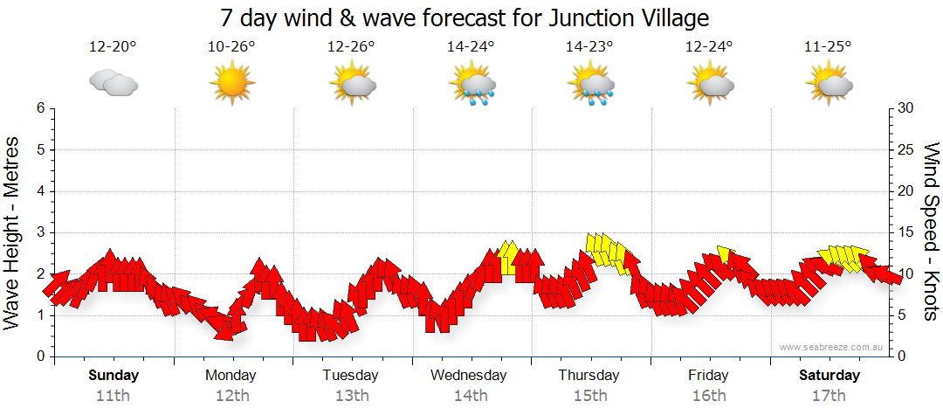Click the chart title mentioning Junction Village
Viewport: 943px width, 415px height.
pyautogui.click(x=464, y=17)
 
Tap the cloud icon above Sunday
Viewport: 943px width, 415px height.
pyautogui.click(x=113, y=83)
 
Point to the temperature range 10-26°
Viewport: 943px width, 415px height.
pyautogui.click(x=231, y=47)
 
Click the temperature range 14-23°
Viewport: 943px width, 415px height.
pyautogui.click(x=589, y=47)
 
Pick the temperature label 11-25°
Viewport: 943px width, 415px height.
pyautogui.click(x=828, y=47)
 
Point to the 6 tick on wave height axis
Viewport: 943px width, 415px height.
pyautogui.click(x=40, y=108)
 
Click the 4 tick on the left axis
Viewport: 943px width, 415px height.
pyautogui.click(x=40, y=191)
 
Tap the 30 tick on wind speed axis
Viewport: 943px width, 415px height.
pyautogui.click(x=906, y=108)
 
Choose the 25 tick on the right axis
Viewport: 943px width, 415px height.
pyautogui.click(x=906, y=150)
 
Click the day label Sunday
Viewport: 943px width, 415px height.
pyautogui.click(x=114, y=376)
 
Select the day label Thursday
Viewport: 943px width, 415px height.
pyautogui.click(x=589, y=376)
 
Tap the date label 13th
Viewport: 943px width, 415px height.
pyautogui.click(x=351, y=396)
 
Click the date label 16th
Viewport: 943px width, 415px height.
pyautogui.click(x=708, y=396)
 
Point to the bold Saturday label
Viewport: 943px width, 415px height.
pyautogui.click(x=829, y=376)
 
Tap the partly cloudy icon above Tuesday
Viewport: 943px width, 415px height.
pyautogui.click(x=352, y=86)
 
